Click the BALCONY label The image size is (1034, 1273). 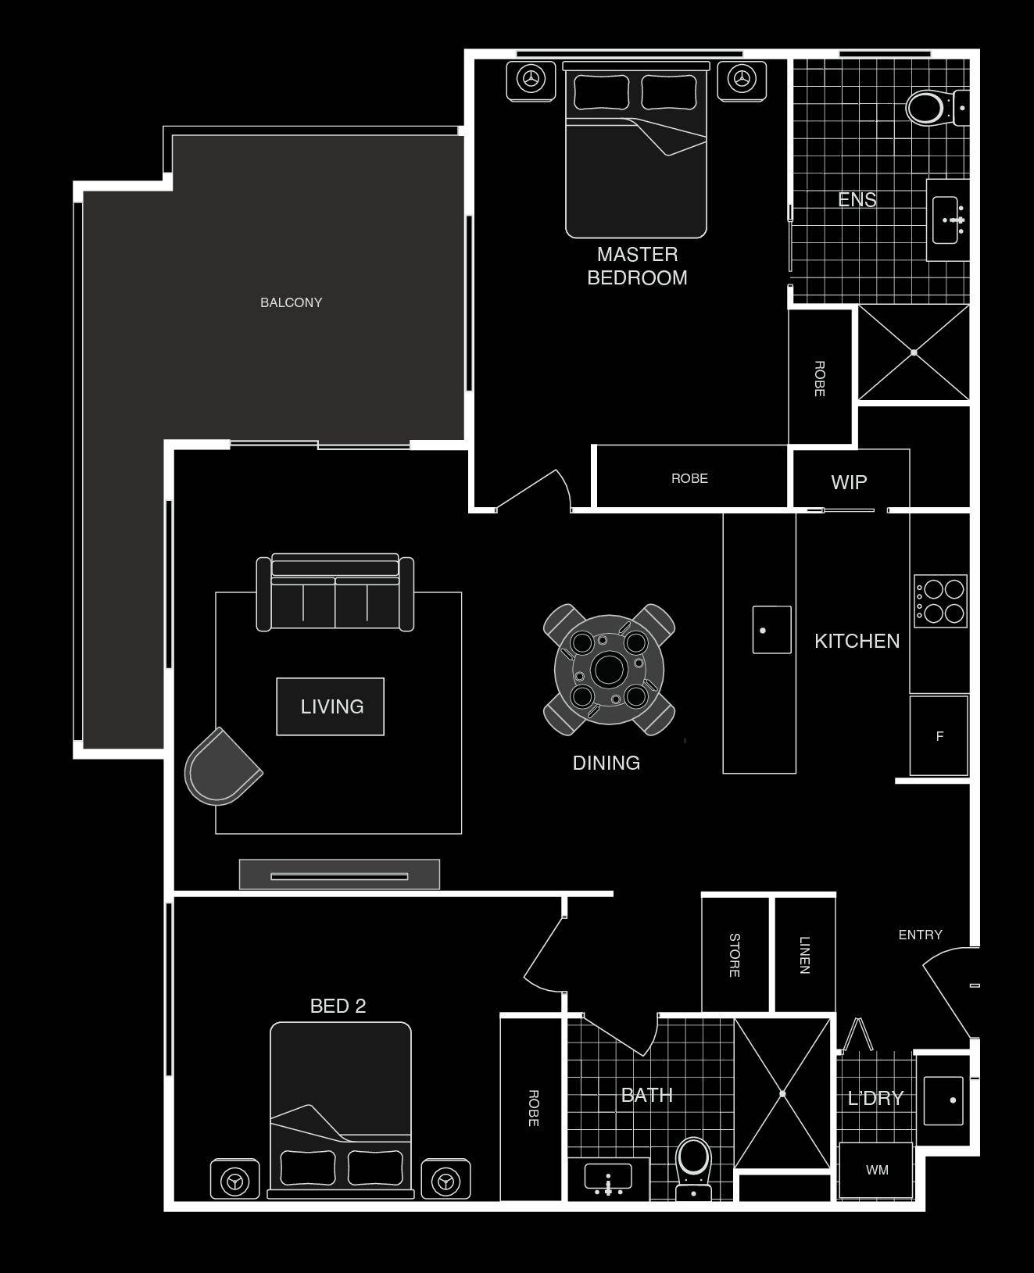click(x=291, y=302)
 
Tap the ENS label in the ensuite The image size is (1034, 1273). click(x=857, y=199)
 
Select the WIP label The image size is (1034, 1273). click(x=849, y=482)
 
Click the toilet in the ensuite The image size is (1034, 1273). click(x=936, y=108)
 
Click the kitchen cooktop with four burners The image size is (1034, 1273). click(x=940, y=601)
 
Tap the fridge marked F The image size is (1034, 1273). click(x=939, y=735)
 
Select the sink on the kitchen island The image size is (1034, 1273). click(x=771, y=630)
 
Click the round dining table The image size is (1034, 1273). click(x=609, y=670)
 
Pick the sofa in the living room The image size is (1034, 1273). click(x=335, y=592)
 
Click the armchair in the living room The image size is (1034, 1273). click(x=221, y=766)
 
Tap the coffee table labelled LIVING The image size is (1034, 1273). click(x=331, y=706)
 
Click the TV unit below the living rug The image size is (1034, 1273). click(x=339, y=874)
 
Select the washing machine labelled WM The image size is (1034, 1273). click(x=876, y=1170)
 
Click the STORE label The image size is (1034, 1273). click(x=735, y=955)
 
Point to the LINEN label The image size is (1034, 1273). click(x=805, y=955)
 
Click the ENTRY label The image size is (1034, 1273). click(x=920, y=935)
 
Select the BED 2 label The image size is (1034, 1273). click(x=338, y=1007)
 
